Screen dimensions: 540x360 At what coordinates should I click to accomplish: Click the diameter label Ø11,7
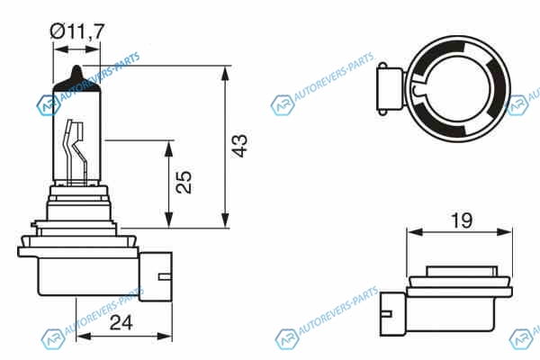(76, 31)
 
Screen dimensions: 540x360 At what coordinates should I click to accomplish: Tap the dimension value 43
(239, 146)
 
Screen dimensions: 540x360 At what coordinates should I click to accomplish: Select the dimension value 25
(184, 182)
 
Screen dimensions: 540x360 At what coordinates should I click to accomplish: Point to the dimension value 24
(121, 323)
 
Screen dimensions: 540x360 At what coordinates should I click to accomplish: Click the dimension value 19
(462, 220)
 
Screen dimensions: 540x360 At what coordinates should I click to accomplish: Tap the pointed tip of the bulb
(77, 66)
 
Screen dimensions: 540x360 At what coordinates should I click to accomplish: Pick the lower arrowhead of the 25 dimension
(169, 220)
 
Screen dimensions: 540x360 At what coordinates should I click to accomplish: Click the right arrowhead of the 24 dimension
(165, 337)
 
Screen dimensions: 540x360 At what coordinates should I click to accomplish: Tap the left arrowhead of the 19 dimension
(415, 232)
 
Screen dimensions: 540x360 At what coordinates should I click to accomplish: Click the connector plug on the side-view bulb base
(156, 276)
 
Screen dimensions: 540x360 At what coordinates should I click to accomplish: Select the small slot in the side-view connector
(165, 276)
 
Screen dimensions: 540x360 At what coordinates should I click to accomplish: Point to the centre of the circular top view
(458, 89)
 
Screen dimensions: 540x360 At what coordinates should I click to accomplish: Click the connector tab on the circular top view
(391, 89)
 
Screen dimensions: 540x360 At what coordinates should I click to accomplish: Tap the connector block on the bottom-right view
(392, 313)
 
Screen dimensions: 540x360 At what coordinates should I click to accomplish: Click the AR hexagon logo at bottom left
(53, 339)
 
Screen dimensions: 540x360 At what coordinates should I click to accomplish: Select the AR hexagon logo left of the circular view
(283, 105)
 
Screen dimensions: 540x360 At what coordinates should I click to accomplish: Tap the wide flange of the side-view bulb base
(78, 252)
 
